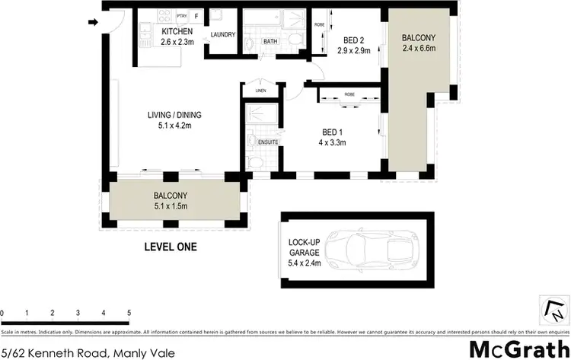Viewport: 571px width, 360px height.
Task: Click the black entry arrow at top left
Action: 94,23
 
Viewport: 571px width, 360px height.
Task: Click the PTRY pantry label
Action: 181,15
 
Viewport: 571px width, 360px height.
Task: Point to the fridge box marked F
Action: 197,15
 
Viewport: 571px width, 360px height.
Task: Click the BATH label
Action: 270,41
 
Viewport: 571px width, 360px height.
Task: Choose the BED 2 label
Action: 352,41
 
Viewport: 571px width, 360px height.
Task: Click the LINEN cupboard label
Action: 260,91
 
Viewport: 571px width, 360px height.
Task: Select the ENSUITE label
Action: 267,142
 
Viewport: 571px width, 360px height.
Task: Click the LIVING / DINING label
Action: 174,116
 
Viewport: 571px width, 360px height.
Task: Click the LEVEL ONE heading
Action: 171,247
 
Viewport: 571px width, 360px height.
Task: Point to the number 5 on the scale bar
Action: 129,313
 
